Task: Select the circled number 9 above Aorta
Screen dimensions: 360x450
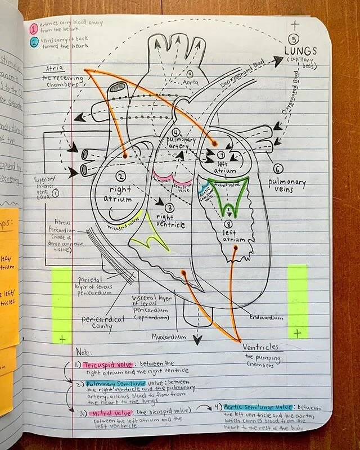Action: (190, 74)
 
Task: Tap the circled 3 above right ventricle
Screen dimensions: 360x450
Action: (170, 208)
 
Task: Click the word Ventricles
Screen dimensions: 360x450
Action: (259, 347)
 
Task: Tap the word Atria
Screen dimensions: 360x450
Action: (54, 69)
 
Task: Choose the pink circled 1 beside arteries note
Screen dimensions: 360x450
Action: (34, 26)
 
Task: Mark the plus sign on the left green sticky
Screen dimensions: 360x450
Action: (62, 338)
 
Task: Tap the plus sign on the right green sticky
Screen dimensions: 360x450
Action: (298, 333)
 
